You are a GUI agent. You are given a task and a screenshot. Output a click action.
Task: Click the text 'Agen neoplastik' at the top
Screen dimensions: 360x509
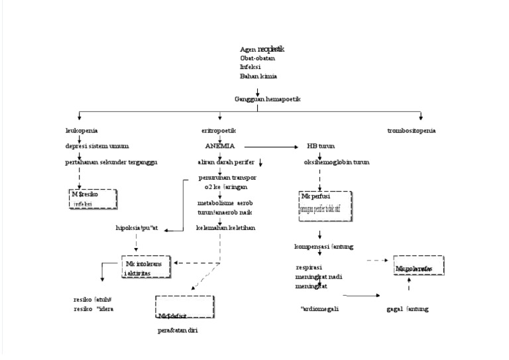coord(262,49)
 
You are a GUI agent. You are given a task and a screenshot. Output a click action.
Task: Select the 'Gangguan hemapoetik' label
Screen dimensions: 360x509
coord(267,99)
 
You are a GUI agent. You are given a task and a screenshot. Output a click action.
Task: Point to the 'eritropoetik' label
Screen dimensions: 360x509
coord(219,131)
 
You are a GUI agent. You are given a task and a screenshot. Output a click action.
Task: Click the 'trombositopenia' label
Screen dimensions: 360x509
coord(412,131)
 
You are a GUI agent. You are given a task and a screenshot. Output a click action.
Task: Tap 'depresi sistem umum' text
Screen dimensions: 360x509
coord(97,146)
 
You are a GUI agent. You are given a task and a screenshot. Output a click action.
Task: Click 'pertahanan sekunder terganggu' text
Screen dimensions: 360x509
coord(111,162)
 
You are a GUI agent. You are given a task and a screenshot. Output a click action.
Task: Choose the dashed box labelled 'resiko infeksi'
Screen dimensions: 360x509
coord(93,199)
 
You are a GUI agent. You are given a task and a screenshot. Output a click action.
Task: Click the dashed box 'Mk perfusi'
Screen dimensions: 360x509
coord(325,202)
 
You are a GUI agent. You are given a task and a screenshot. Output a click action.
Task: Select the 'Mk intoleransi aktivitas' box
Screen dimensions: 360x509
coord(147,267)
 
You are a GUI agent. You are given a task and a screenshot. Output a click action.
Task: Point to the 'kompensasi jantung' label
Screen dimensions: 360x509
coord(323,247)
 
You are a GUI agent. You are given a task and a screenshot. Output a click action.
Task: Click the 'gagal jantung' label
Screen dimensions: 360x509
coord(408,309)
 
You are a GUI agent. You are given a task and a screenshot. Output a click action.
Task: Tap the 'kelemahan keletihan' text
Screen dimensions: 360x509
coord(226,227)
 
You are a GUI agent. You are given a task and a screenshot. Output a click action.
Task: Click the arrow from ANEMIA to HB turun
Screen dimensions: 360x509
coord(272,146)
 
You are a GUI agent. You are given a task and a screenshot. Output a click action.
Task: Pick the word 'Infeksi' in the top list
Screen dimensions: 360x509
coord(251,67)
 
